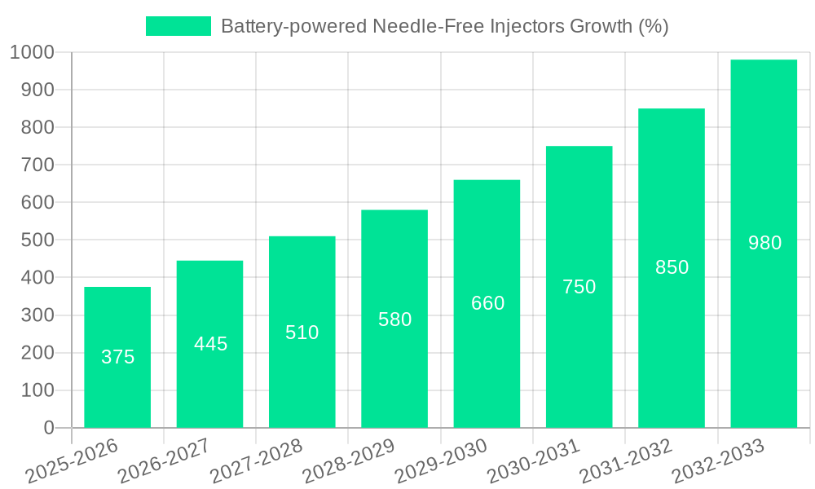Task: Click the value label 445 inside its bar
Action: click(x=210, y=344)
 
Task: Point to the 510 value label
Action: click(x=302, y=333)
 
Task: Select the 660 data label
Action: click(x=487, y=303)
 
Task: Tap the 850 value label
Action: click(x=672, y=267)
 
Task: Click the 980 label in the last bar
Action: click(x=764, y=243)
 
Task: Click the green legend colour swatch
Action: click(x=178, y=26)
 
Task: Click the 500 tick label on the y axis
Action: click(x=37, y=240)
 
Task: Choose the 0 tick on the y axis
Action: click(x=48, y=428)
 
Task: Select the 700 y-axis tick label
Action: click(x=37, y=165)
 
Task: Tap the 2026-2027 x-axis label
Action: click(x=164, y=460)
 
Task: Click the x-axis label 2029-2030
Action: click(x=441, y=460)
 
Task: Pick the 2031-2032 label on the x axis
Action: click(x=626, y=460)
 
